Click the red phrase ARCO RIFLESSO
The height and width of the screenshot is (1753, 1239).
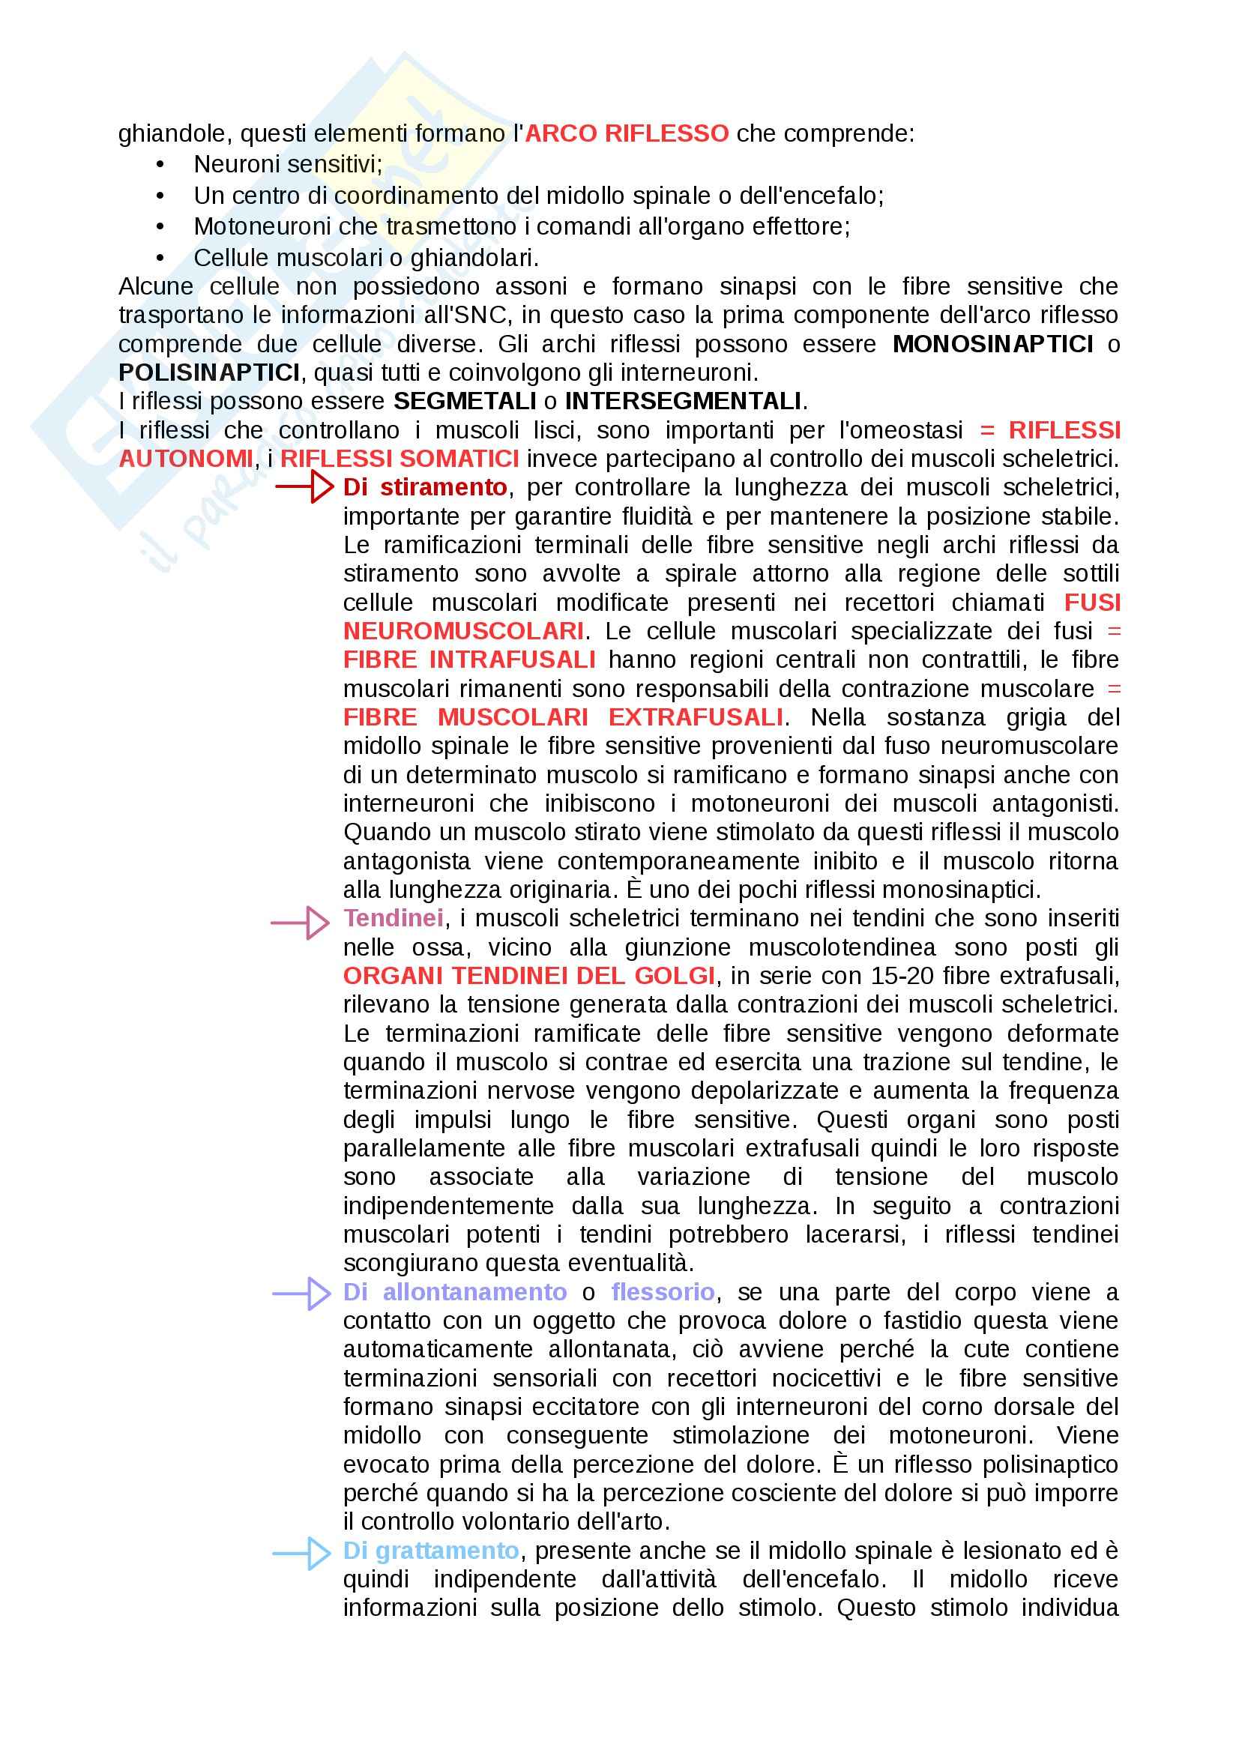(x=627, y=134)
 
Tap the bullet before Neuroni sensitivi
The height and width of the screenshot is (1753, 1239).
(x=160, y=165)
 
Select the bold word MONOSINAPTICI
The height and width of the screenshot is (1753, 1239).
(x=992, y=344)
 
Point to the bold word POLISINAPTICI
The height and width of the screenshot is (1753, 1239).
(x=209, y=373)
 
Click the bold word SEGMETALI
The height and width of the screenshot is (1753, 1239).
(x=464, y=402)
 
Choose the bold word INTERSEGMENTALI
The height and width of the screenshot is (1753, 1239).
(x=683, y=402)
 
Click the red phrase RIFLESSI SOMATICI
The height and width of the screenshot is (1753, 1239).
(x=400, y=459)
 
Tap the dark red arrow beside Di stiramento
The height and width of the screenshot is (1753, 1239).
(x=305, y=486)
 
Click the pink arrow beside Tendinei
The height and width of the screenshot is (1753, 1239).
(x=301, y=923)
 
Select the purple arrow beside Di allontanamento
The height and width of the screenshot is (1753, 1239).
(x=302, y=1294)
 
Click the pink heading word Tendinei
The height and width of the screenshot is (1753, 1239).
(x=394, y=919)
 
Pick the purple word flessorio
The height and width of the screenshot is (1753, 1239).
(x=663, y=1292)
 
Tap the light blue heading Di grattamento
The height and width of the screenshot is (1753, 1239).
(x=430, y=1551)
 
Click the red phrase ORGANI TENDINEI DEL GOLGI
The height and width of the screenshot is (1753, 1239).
(x=528, y=976)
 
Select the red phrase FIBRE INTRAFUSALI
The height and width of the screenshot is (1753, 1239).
(x=468, y=660)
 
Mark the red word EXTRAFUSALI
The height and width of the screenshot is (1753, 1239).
(x=696, y=718)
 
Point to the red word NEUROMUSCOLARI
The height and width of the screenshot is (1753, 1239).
(x=463, y=631)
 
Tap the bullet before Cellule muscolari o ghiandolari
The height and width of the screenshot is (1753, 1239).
(x=160, y=259)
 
